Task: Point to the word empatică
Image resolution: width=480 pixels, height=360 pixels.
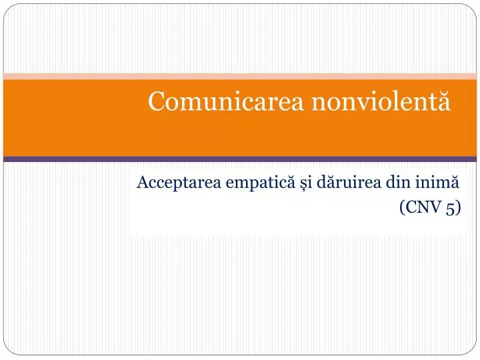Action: coord(247,182)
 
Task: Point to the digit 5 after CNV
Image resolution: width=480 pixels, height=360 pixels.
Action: coord(451,208)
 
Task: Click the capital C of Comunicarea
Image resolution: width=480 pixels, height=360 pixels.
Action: coord(157,102)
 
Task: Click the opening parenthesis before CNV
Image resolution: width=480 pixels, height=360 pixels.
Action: coord(403,208)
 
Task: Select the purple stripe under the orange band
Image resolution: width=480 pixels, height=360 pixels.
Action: coord(240,159)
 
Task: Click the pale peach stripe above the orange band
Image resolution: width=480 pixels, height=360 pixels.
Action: coord(240,76)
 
